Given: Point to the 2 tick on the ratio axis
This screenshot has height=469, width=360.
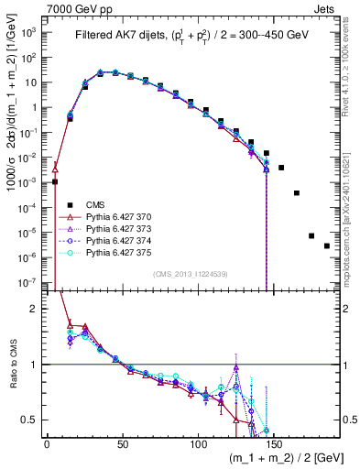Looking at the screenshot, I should coord(35,309).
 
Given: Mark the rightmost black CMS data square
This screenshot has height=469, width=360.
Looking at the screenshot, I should coord(327,271).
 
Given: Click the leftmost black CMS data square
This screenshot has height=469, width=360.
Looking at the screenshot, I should coord(55,182).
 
